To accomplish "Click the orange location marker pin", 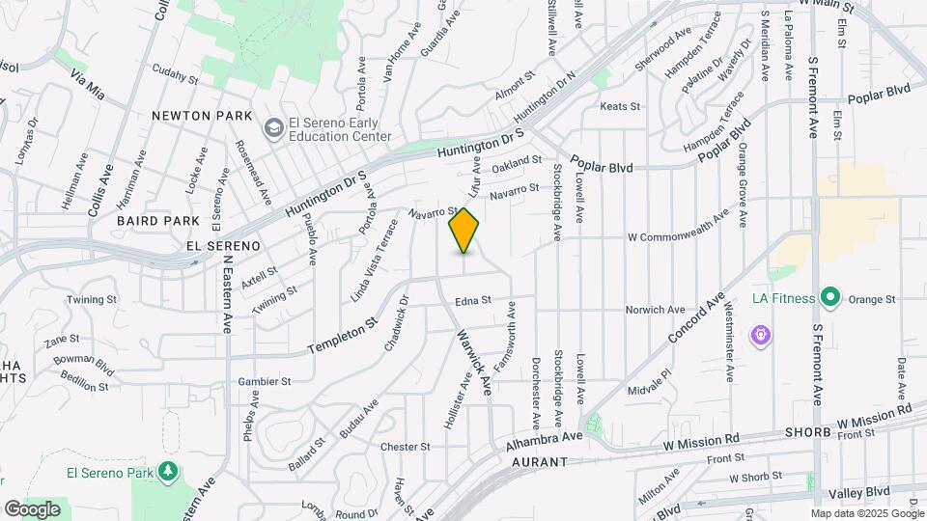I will coord(464,231).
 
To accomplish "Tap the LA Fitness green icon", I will coord(829,297).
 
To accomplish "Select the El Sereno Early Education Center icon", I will coord(273,127).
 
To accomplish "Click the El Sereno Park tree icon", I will coord(170,471).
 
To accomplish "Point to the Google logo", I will coord(32,508).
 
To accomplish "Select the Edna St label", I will coord(474,301).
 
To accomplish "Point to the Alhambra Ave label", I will coord(545,440).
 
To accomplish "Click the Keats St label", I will coord(620,106).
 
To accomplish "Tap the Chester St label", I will coord(405,447).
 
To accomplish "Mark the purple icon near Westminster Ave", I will coord(761,335).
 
